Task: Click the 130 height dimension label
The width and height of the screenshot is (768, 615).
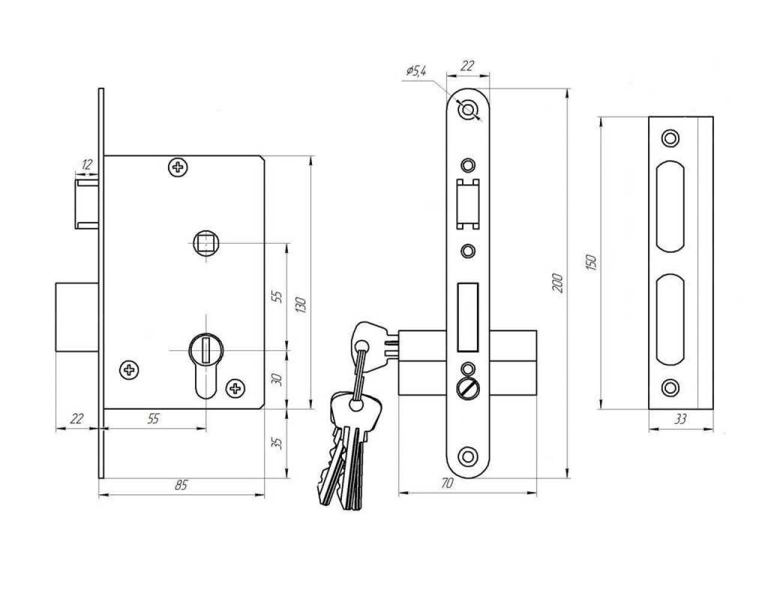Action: (x=301, y=306)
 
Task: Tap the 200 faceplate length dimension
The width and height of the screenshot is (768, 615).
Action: (x=558, y=282)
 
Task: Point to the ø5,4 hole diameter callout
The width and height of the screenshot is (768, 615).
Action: (x=416, y=71)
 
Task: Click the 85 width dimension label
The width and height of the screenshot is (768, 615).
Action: (x=181, y=485)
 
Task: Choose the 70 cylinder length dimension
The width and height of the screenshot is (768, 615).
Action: (x=446, y=484)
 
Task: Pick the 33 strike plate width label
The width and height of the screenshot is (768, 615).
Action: (x=680, y=420)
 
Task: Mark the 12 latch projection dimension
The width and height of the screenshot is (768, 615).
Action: (x=88, y=163)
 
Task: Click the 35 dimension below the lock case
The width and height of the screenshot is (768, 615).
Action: (x=277, y=443)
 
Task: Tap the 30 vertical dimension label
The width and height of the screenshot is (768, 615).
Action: (x=277, y=380)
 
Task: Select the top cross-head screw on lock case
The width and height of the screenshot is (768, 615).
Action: (x=177, y=166)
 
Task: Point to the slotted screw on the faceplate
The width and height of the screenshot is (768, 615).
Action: (x=467, y=387)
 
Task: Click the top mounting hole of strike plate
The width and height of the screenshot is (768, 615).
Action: (x=669, y=138)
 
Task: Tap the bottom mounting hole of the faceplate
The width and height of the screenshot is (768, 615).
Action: (x=467, y=455)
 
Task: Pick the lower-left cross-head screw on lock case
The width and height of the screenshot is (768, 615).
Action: (x=128, y=370)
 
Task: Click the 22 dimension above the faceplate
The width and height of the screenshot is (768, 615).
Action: (x=467, y=66)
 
